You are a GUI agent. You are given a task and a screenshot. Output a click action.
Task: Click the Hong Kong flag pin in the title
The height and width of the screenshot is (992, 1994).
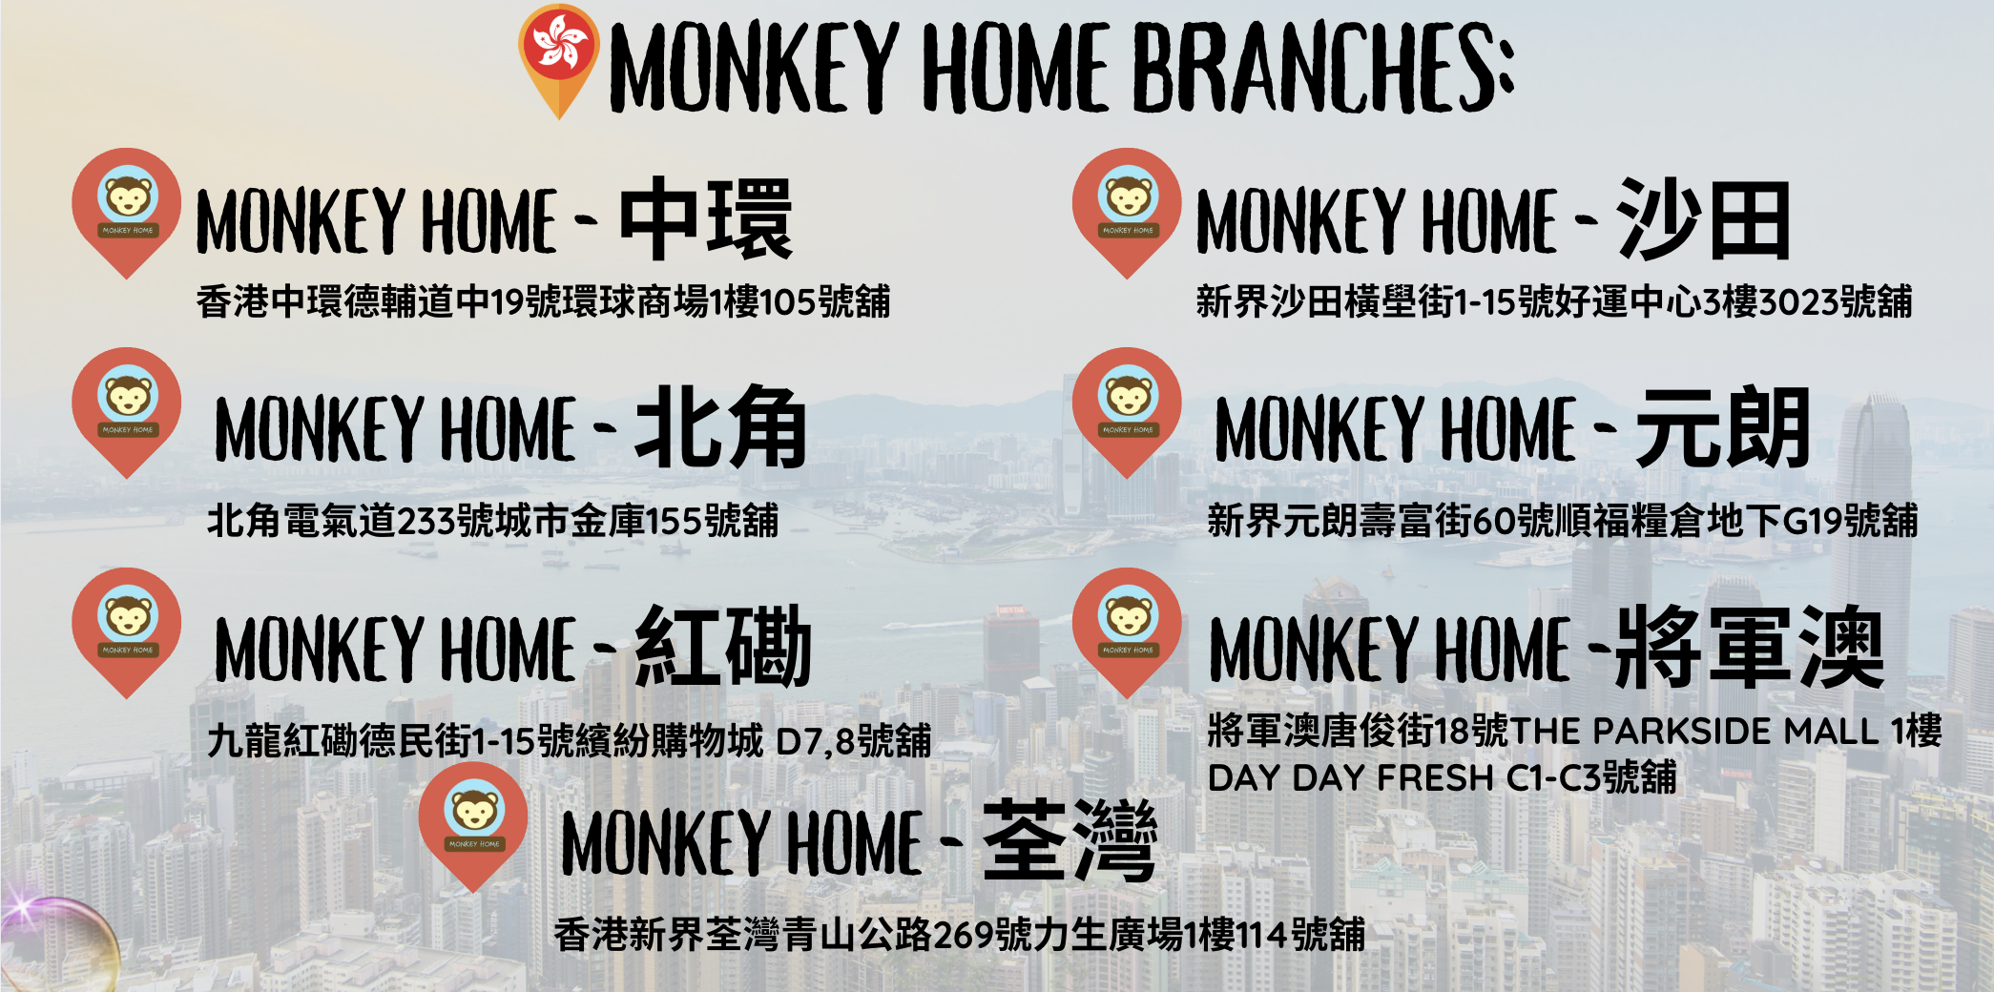point(559,60)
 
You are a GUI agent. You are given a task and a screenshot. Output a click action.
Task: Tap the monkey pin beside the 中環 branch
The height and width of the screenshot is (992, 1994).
point(127,213)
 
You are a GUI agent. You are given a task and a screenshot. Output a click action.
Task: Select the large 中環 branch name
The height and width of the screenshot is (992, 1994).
point(706,218)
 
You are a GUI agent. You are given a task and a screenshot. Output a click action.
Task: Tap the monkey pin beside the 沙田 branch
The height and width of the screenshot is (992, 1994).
point(1127,213)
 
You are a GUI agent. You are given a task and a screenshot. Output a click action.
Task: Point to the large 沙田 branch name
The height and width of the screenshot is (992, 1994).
point(1703,218)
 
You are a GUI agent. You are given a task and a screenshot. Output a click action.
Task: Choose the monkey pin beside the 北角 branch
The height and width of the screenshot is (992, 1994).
point(127,412)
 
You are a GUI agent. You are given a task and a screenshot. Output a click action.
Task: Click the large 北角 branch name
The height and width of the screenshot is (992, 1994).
point(721,426)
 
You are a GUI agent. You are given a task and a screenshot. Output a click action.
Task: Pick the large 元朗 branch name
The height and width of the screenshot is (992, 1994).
point(1723,426)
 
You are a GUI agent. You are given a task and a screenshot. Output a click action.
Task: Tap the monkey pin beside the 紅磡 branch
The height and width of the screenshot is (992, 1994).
point(127,632)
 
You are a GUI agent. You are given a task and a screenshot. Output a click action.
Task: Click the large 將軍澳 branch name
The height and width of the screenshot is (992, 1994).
point(1749,647)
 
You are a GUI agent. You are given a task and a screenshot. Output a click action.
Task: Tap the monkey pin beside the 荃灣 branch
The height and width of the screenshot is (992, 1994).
point(473,827)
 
